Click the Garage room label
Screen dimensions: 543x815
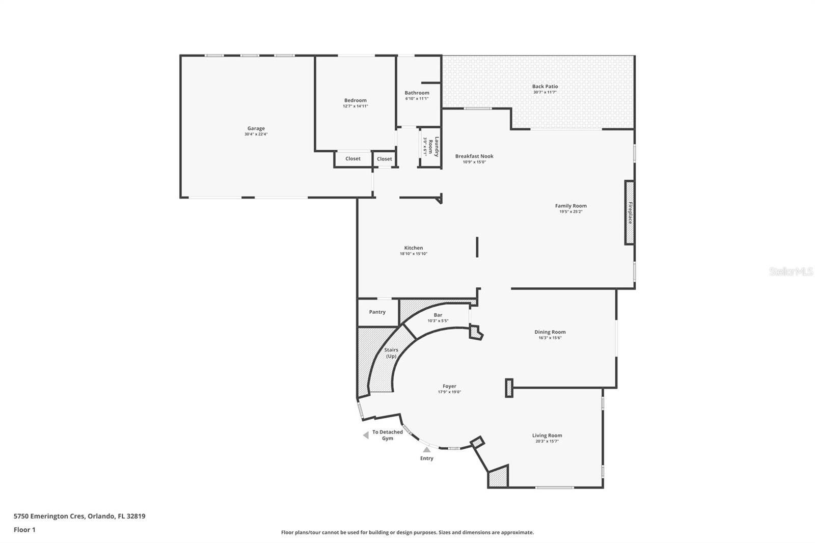(256, 128)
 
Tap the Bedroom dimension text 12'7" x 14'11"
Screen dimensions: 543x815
(355, 106)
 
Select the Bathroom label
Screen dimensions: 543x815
(417, 93)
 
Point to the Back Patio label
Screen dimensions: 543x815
(545, 87)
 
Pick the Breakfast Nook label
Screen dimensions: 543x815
(474, 156)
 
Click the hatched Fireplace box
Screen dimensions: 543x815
(630, 212)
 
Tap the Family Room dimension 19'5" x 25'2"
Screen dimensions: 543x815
(570, 212)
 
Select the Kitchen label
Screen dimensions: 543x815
(413, 248)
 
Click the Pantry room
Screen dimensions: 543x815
(377, 312)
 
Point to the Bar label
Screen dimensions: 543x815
(438, 315)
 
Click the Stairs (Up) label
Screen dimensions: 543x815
(391, 353)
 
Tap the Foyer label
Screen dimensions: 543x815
(449, 386)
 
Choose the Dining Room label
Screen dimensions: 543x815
(550, 332)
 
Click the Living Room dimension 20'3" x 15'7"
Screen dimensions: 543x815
(547, 442)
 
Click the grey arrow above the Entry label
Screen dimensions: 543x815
(426, 449)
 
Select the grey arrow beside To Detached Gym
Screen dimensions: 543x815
(365, 435)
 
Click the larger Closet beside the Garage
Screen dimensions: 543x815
(352, 158)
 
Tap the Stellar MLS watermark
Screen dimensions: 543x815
(791, 272)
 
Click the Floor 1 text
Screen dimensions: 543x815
(24, 530)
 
